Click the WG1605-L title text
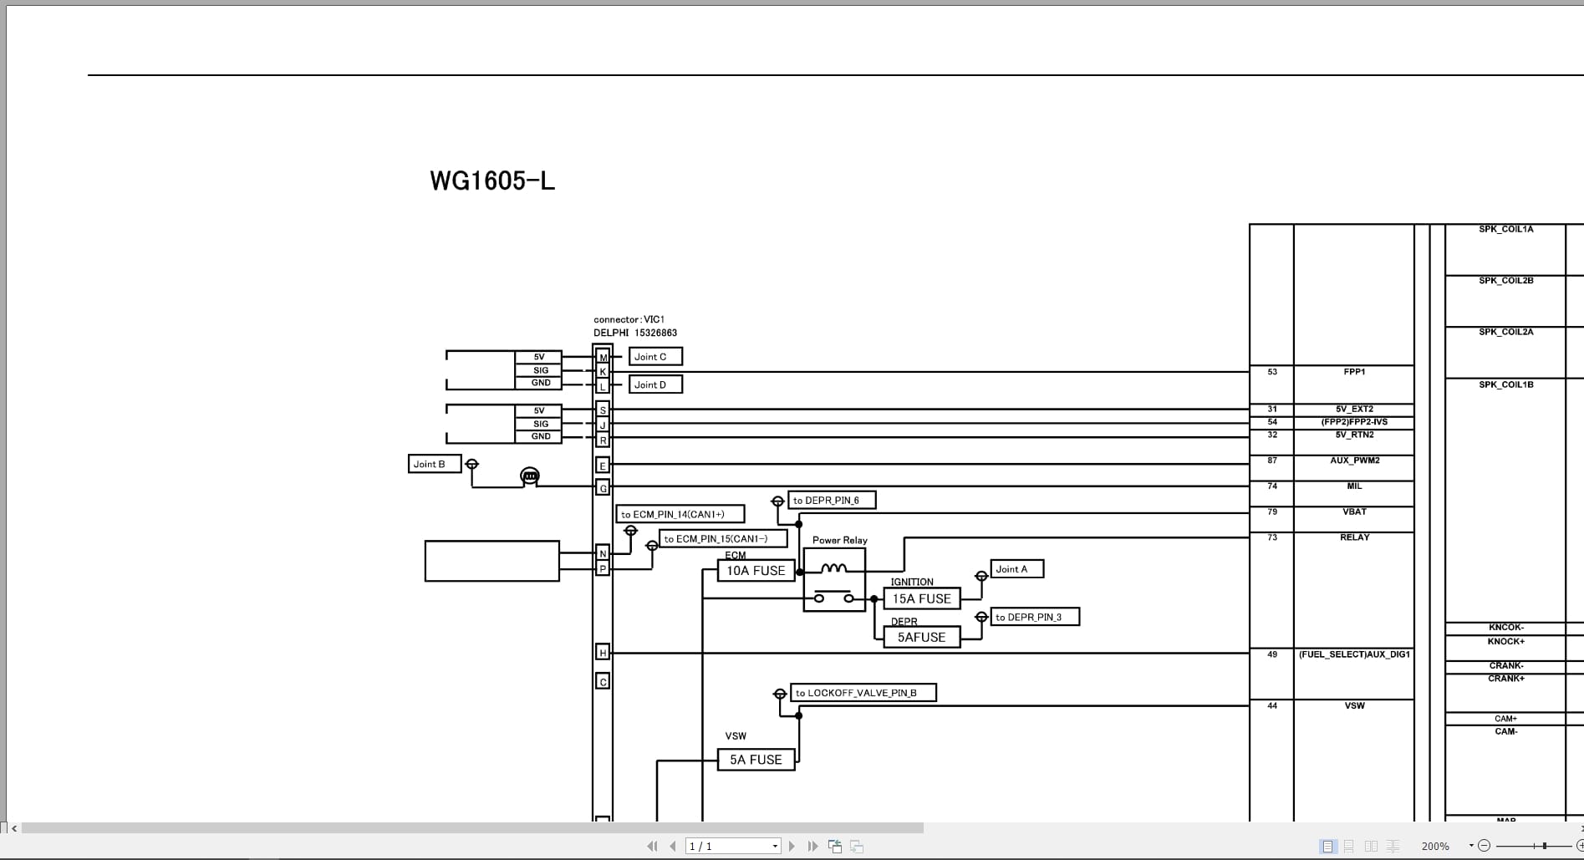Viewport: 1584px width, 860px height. pyautogui.click(x=492, y=181)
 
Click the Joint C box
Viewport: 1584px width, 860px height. pyautogui.click(x=655, y=357)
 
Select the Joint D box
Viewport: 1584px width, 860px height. pyautogui.click(x=655, y=384)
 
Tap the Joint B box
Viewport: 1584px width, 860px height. pyautogui.click(x=434, y=464)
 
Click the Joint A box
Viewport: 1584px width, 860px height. pyautogui.click(x=1016, y=569)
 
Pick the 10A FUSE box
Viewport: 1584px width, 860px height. pyautogui.click(x=756, y=571)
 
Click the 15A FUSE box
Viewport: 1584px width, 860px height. pyautogui.click(x=921, y=598)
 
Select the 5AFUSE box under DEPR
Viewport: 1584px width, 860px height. pyautogui.click(x=921, y=637)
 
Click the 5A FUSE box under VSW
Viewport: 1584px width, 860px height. pyautogui.click(x=756, y=760)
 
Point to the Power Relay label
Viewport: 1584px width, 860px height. pyautogui.click(x=839, y=540)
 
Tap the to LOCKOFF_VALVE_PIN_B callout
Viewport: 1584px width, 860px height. pyautogui.click(x=863, y=693)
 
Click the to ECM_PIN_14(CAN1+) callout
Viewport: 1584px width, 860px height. pyautogui.click(x=680, y=514)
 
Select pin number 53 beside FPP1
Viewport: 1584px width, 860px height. pyautogui.click(x=1272, y=372)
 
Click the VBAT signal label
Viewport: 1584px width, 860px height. pyautogui.click(x=1354, y=511)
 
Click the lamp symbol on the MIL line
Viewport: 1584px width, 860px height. pyautogui.click(x=530, y=476)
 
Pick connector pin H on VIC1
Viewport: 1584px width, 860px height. pyautogui.click(x=603, y=652)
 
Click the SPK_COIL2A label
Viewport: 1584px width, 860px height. pyautogui.click(x=1505, y=332)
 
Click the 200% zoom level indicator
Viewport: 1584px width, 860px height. pyautogui.click(x=1435, y=847)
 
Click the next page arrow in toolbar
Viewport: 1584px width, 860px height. pyautogui.click(x=792, y=847)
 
